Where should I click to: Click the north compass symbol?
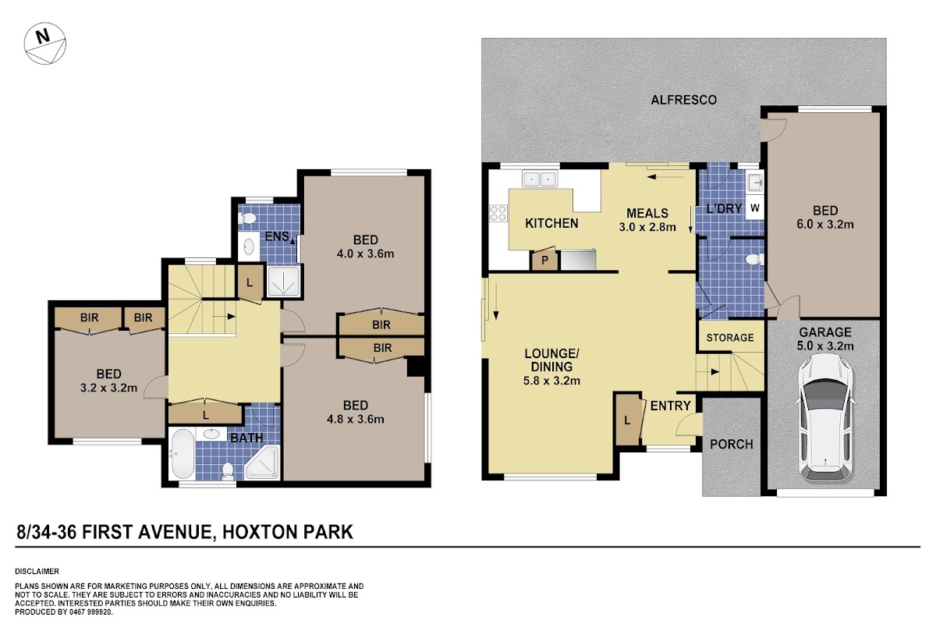point(44,44)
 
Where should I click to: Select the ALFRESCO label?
point(683,100)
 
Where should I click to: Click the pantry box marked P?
point(544,260)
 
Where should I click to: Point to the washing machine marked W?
point(755,207)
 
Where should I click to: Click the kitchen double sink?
point(540,179)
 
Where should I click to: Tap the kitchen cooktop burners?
point(498,213)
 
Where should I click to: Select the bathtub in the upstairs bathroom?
point(182,454)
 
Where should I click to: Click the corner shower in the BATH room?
point(262,462)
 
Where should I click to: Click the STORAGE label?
point(730,338)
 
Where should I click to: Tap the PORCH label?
point(732,444)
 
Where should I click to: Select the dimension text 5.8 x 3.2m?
point(551,381)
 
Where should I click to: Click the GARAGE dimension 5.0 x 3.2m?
point(825,346)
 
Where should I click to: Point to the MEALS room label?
point(647,213)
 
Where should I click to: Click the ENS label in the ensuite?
point(277,236)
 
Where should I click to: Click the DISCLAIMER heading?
point(37,571)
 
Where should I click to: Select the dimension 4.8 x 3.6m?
point(355,419)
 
